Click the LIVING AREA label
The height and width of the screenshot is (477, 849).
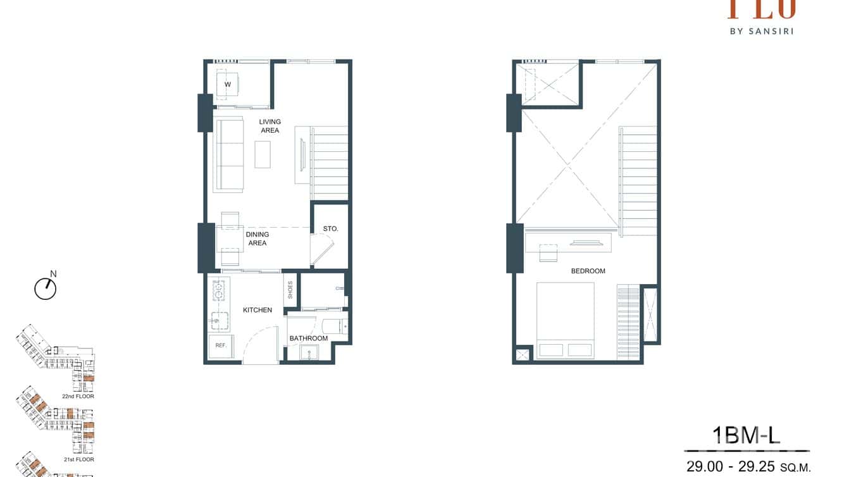pos(270,126)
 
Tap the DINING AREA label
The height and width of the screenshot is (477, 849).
pos(257,238)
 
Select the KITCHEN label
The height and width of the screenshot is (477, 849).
pos(257,310)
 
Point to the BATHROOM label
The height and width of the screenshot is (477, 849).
pos(309,338)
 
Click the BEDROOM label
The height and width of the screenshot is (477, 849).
pos(588,271)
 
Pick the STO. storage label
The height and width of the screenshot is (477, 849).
pos(330,228)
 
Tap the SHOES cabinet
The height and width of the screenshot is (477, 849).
pos(290,290)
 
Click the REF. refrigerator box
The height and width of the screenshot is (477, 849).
pos(221,346)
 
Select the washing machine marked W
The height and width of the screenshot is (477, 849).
pos(227,84)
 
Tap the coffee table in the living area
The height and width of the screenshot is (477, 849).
pos(263,154)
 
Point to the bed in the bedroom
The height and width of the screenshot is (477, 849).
pos(565,320)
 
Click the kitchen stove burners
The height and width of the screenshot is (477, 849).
pos(219,290)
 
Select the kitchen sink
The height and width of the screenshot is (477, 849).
pos(219,321)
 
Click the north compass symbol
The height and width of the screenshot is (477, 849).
pos(46,288)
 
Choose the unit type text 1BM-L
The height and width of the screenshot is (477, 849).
pos(747,435)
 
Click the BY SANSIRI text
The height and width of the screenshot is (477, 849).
pos(761,30)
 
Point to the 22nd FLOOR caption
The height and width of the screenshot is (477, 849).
pos(78,396)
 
